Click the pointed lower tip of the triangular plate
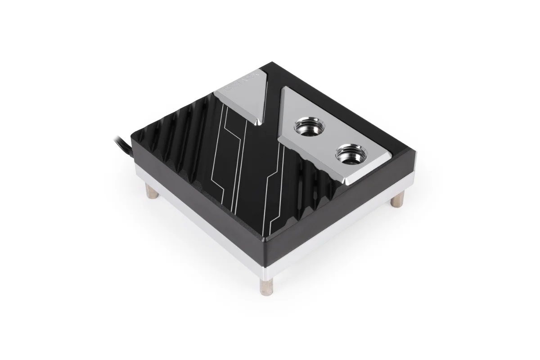(x=258, y=122)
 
